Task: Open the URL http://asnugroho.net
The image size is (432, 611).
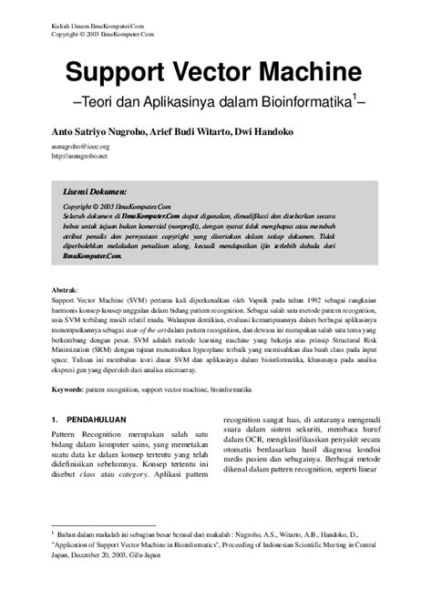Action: tap(77, 155)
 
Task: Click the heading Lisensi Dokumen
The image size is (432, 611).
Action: tap(97, 193)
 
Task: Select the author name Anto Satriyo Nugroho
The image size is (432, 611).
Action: tap(97, 131)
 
